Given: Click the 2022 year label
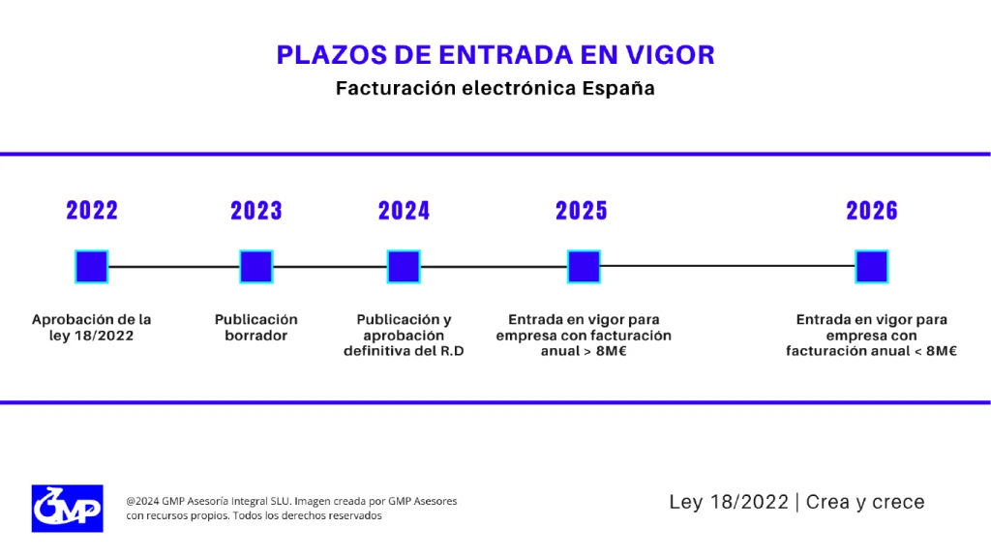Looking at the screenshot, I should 92,211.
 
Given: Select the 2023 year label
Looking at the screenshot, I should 256,211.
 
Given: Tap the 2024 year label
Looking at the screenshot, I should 404,211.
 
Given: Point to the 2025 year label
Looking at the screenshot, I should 582,211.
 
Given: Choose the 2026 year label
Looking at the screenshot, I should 872,211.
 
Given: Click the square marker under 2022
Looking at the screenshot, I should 92,267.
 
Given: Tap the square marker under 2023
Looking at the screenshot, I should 256,267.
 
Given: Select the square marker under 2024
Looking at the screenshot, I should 404,267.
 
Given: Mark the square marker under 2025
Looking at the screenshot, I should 584,267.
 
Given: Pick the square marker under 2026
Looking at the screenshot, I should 872,267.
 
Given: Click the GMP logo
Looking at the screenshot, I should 67,508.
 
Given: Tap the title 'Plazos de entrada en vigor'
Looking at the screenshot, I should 495,54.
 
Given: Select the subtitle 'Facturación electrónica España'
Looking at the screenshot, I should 495,88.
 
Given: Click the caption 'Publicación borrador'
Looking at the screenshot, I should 256,328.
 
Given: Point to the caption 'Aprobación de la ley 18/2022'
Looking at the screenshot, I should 92,328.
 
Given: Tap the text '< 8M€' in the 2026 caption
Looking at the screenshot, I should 933,351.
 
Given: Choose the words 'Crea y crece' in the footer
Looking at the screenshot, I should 865,502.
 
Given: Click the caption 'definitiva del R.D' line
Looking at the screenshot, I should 404,351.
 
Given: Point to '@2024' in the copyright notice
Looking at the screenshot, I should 143,501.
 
